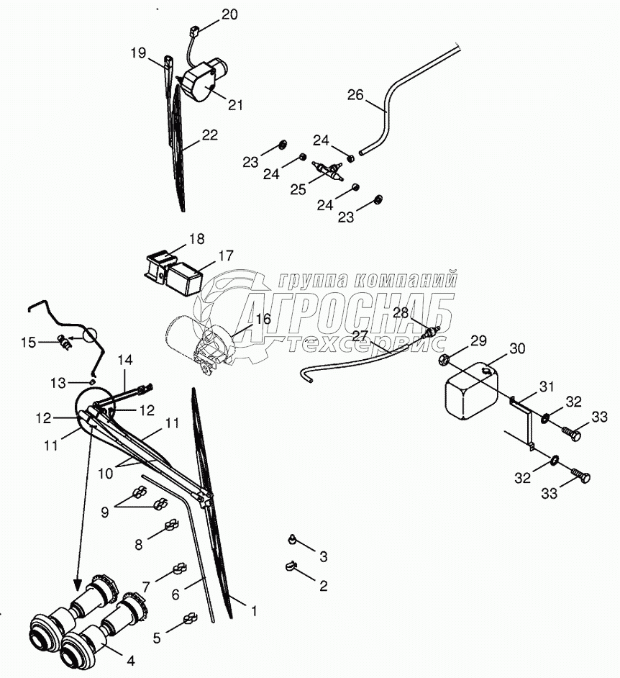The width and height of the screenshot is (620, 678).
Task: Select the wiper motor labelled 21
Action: coord(204,80)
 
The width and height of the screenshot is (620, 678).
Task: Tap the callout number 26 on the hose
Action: coord(355,95)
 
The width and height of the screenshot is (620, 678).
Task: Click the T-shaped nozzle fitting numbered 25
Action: coord(327,168)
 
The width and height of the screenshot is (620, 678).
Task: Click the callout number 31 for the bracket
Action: coord(547,387)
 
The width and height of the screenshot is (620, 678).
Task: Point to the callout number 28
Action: coord(400,313)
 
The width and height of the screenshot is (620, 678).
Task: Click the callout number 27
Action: coord(360,336)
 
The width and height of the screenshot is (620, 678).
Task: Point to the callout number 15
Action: coord(28,343)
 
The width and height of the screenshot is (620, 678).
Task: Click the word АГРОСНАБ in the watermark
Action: coord(345,312)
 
